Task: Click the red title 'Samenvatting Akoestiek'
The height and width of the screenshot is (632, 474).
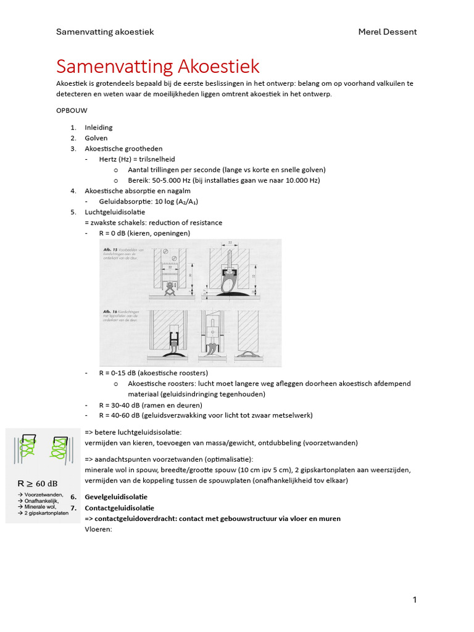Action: click(157, 66)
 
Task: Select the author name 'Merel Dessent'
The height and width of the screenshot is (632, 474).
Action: click(388, 31)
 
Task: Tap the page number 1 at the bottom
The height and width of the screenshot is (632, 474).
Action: click(415, 599)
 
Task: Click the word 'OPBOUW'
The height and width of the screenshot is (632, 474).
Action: click(72, 111)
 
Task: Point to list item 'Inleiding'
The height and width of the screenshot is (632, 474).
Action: click(99, 128)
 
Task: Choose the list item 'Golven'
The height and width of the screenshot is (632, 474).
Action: click(96, 138)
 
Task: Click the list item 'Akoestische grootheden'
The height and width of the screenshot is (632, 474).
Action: click(123, 149)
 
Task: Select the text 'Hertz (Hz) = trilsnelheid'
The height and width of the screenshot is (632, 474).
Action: click(137, 159)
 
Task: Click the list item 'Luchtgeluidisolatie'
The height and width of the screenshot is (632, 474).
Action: click(115, 212)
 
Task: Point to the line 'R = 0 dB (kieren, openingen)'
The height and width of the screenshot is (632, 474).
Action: click(144, 233)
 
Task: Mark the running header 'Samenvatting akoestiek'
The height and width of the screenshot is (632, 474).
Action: click(105, 31)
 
